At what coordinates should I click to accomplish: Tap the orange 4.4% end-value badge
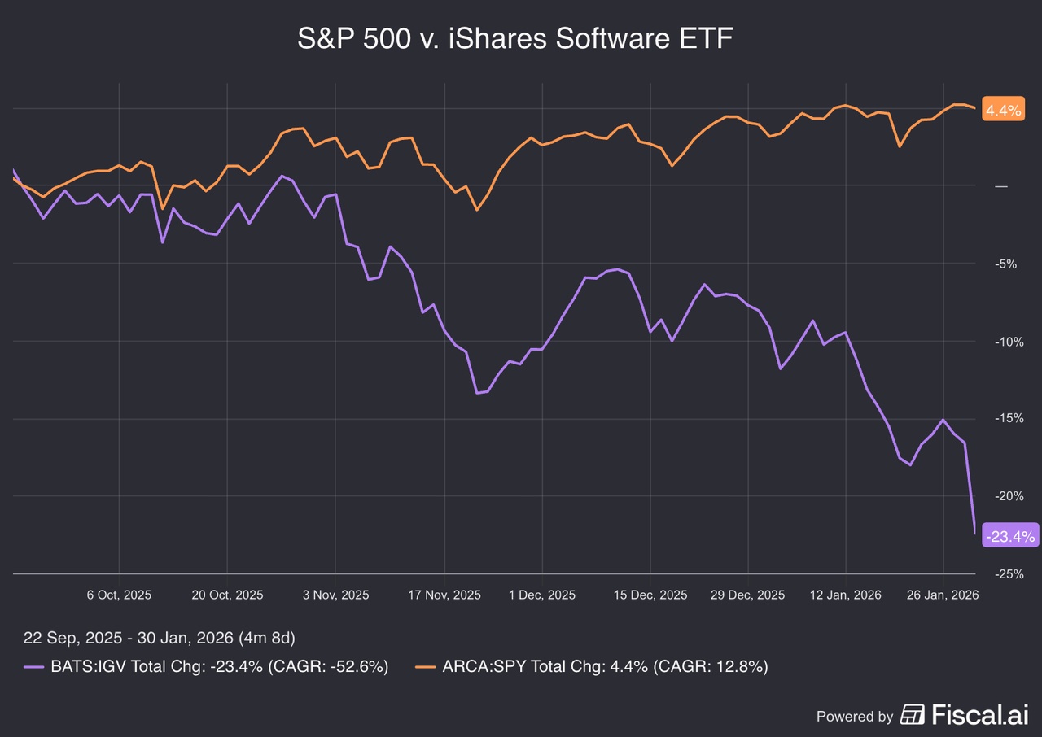click(1003, 110)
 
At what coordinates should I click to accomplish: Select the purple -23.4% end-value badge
click(1009, 535)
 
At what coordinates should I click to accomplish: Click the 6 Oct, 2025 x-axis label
click(119, 595)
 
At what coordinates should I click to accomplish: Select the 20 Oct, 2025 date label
click(227, 595)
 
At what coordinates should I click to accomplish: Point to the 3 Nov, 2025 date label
click(335, 595)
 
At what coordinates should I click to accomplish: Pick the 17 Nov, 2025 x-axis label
click(444, 595)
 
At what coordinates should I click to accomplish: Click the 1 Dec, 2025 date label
click(542, 595)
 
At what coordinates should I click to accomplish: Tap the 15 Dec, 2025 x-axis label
click(650, 595)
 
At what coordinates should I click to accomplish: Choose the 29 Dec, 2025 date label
click(748, 595)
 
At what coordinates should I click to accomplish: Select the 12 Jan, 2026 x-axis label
click(847, 595)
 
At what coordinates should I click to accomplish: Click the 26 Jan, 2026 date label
click(943, 595)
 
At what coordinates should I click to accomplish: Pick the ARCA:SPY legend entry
click(593, 666)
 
